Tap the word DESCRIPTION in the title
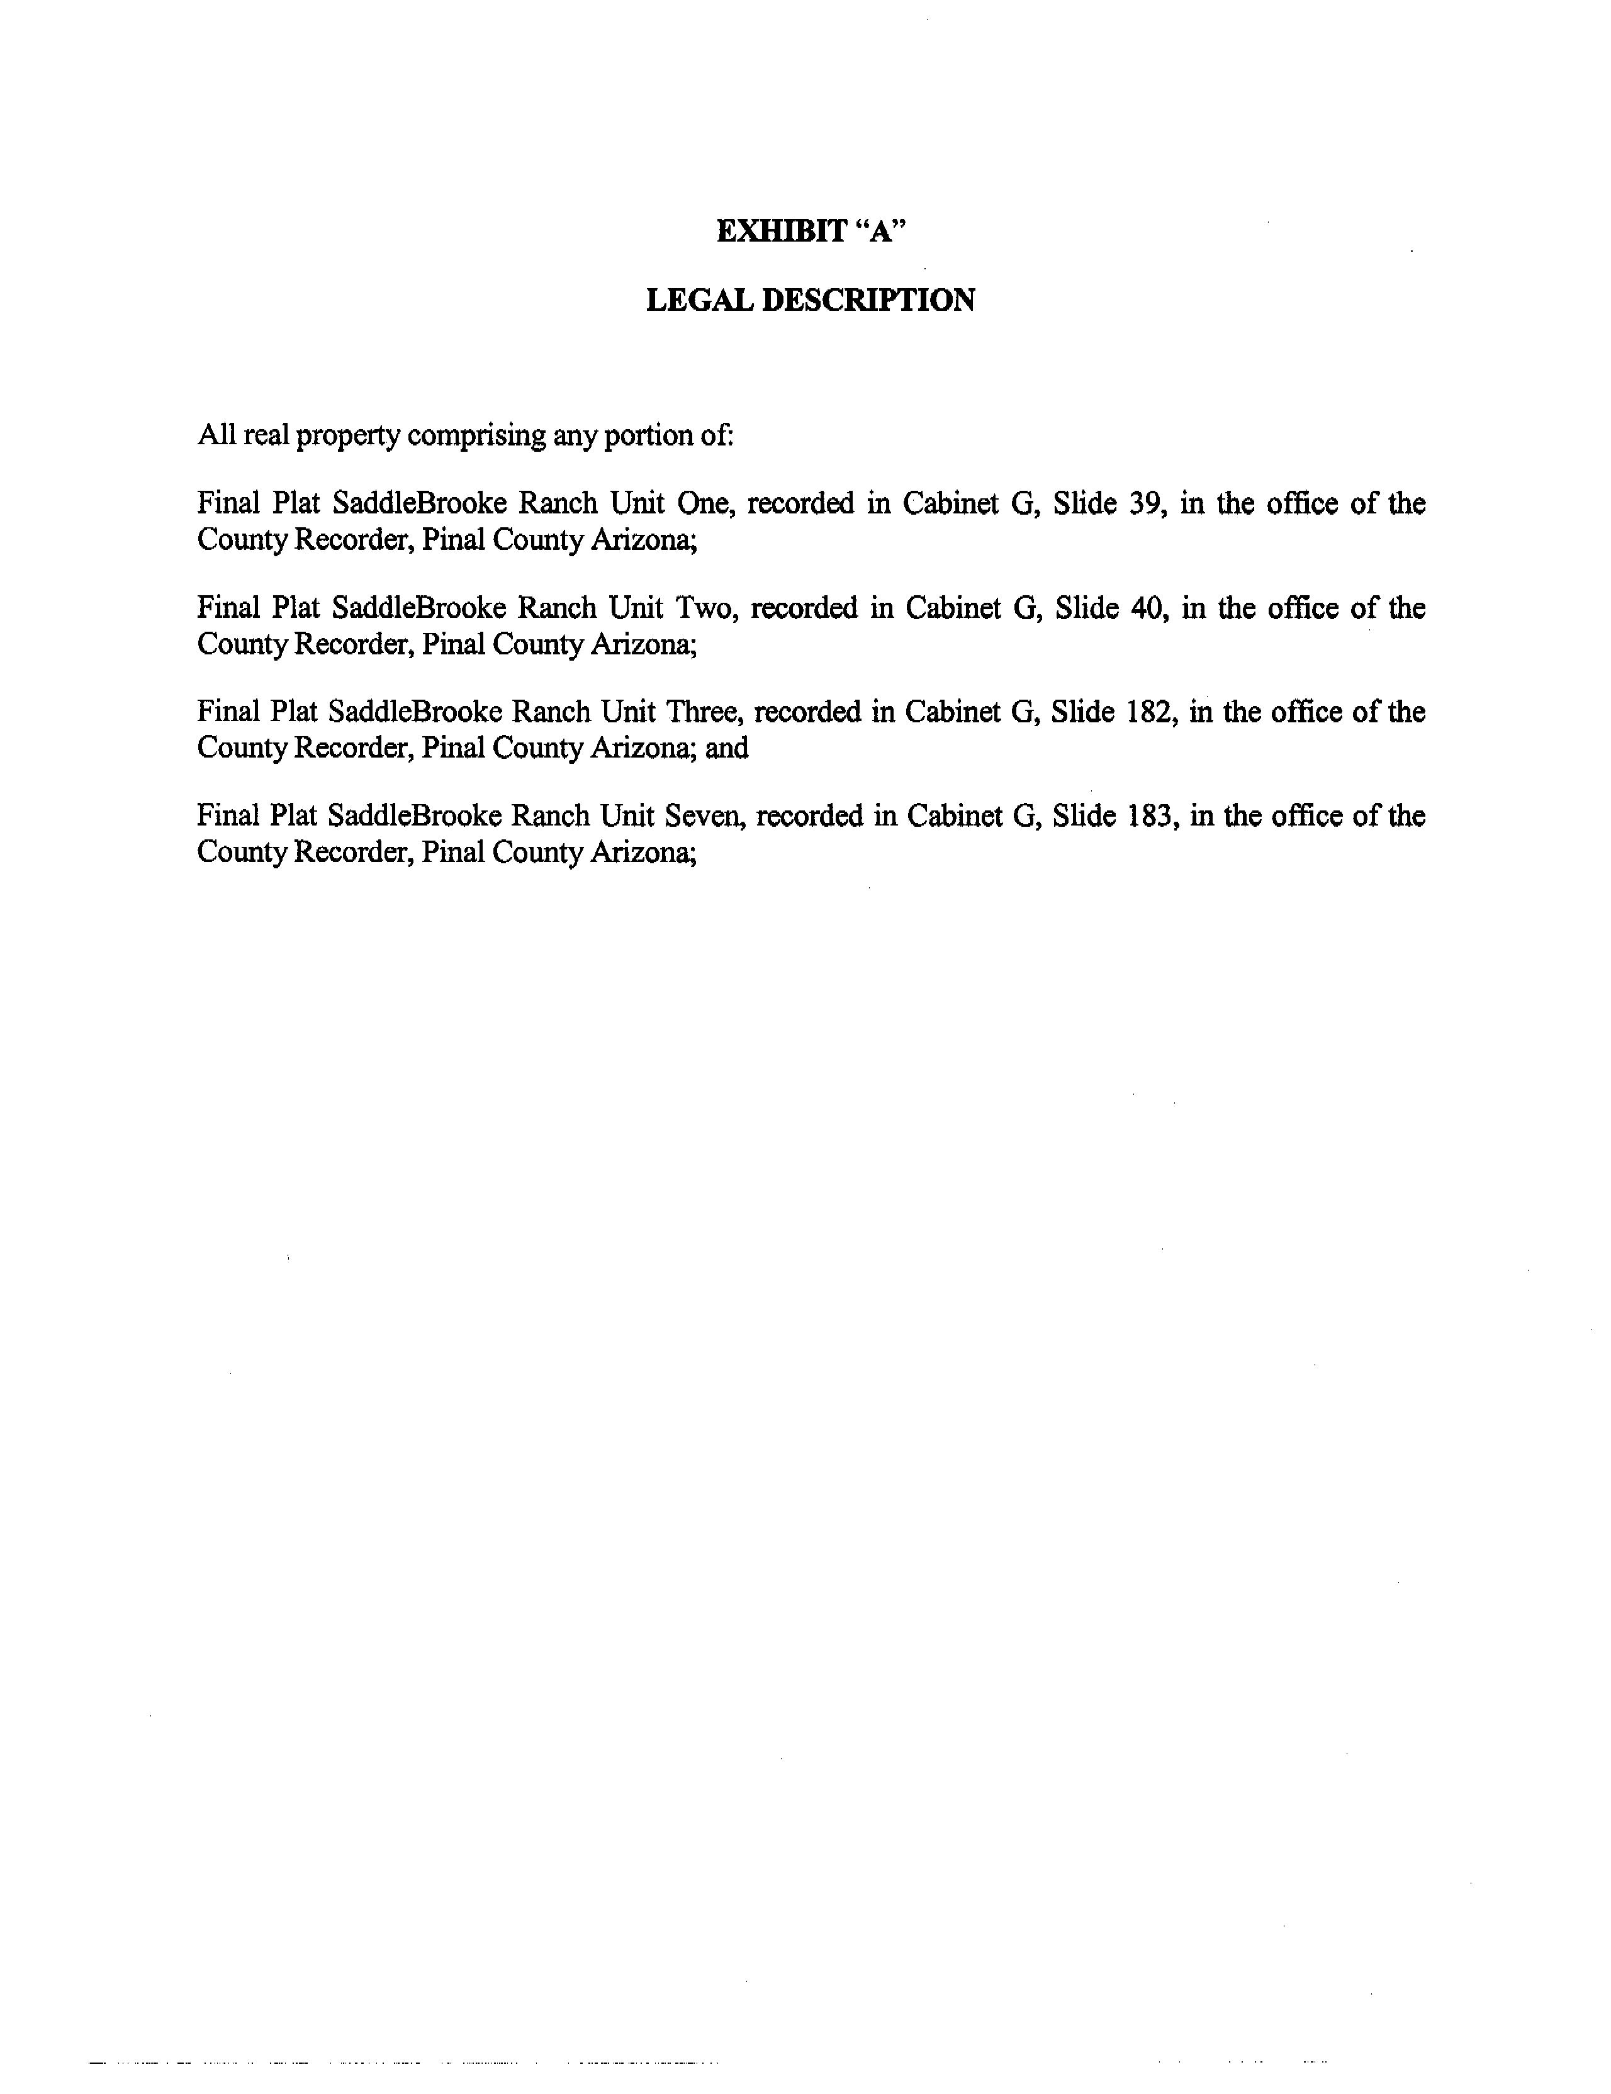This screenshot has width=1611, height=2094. point(868,300)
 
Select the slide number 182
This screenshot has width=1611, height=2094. point(1154,712)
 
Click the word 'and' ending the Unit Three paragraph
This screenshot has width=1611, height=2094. point(727,748)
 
